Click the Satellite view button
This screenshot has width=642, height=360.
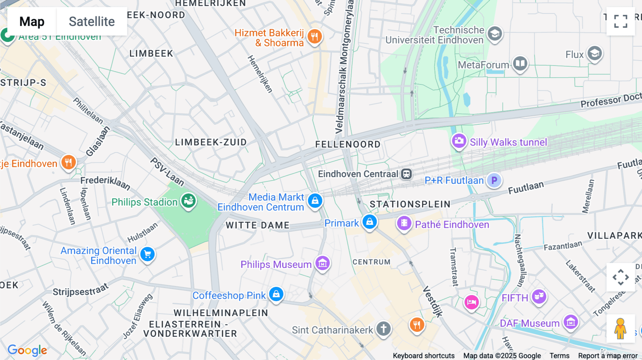[x=92, y=21]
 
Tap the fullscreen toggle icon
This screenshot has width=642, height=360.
[x=621, y=21]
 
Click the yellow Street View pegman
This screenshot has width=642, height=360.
[x=620, y=328]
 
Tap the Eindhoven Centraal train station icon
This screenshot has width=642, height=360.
[x=407, y=174]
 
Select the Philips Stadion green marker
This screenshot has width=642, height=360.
[x=188, y=201]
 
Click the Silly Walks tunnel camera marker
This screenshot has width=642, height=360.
[x=459, y=141]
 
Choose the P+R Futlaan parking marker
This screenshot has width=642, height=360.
[x=494, y=180]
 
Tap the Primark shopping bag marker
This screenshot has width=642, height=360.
[x=370, y=222]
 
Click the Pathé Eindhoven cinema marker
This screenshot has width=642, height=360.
[x=404, y=223]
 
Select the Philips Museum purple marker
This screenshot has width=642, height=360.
[x=322, y=263]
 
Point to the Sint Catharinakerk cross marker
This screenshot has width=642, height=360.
[x=383, y=328]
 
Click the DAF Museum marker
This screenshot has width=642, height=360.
[x=570, y=322]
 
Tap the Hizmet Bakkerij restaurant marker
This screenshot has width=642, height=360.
[x=315, y=36]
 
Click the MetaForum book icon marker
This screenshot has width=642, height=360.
[x=520, y=64]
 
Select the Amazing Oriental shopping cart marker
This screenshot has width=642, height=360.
[x=147, y=254]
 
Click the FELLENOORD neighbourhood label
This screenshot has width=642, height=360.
[x=348, y=144]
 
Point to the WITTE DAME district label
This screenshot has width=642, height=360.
[x=258, y=225]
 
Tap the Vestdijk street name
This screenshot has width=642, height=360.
[x=433, y=302]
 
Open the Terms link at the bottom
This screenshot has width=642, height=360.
[x=559, y=356]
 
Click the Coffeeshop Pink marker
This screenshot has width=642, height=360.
[x=276, y=294]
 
